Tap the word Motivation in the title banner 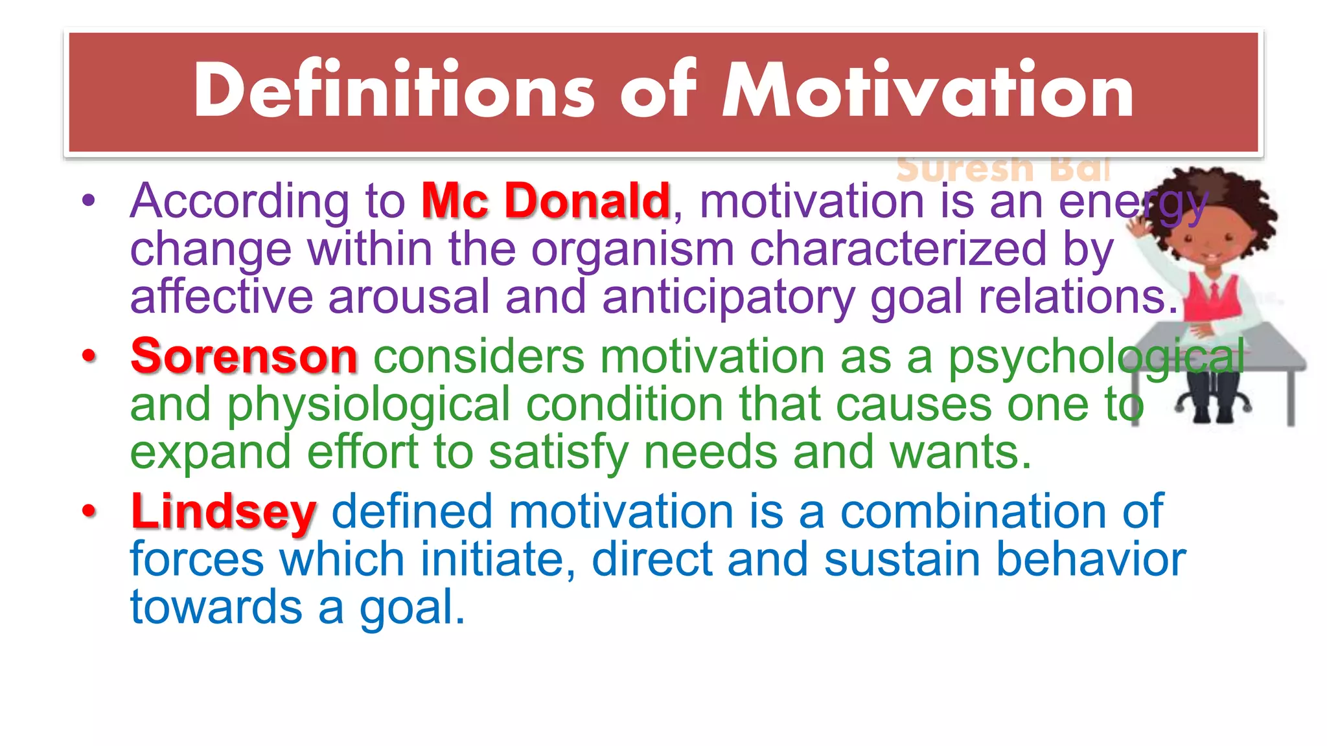(x=928, y=91)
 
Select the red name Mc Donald (x=546, y=201)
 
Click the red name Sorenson (x=244, y=356)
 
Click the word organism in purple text (x=632, y=249)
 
